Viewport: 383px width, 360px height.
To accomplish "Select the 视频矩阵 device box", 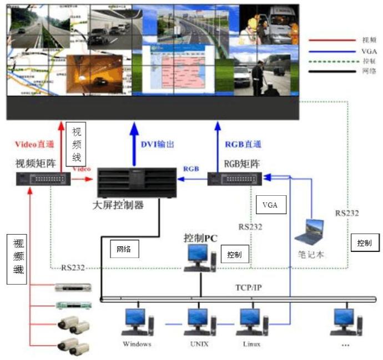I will [43, 179].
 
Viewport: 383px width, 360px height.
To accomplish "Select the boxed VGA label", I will [270, 206].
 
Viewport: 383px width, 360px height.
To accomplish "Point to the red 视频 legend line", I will [331, 40].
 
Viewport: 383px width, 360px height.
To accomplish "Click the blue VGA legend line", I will [331, 50].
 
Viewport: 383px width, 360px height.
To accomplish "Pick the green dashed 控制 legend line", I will [331, 60].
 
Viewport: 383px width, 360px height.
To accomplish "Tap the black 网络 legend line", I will [331, 70].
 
